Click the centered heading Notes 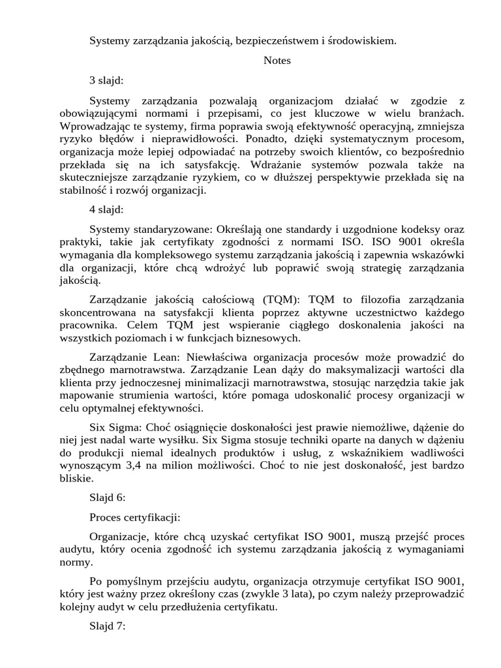tap(277, 61)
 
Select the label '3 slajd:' tap(106, 81)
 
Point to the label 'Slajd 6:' tap(108, 498)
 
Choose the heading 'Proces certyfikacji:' tap(135, 518)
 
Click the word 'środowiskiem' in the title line tap(364, 41)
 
